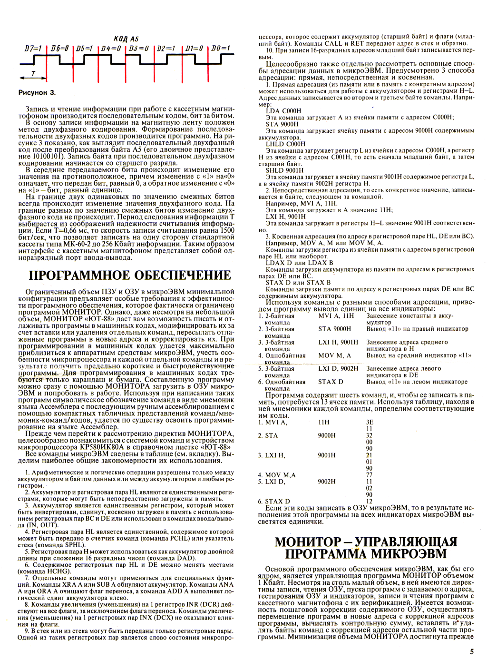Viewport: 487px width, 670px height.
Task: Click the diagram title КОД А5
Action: tap(126, 39)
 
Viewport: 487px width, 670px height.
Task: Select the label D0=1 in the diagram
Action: tap(221, 48)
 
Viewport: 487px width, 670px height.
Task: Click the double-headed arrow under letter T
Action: tap(33, 78)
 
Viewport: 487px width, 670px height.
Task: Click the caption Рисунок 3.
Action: tap(37, 93)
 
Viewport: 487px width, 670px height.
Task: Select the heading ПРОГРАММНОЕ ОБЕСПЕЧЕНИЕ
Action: tap(130, 276)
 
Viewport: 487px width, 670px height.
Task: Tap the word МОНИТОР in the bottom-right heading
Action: tap(308, 542)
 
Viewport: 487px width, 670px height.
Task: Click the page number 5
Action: tap(471, 652)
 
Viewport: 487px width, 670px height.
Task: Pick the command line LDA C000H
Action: tap(283, 111)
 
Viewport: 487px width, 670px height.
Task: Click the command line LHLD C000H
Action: tap(285, 144)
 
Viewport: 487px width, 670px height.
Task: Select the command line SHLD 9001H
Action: tap(284, 170)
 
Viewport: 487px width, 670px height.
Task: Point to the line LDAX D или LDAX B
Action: tap(299, 263)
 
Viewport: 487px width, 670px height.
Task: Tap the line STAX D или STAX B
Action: tap(298, 282)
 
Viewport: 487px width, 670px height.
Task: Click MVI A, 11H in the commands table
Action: tap(336, 315)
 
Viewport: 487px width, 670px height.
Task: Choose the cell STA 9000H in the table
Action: tap(334, 329)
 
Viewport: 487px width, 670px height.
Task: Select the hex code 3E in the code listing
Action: tap(369, 422)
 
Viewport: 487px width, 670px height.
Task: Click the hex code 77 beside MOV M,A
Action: tap(369, 475)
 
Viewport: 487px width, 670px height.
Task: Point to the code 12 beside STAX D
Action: tap(369, 501)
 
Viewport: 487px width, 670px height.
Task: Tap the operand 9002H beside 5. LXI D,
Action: tap(327, 482)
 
